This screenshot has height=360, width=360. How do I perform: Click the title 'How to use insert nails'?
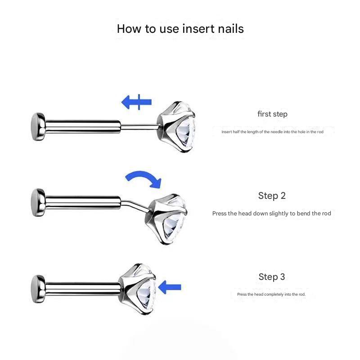(x=180, y=29)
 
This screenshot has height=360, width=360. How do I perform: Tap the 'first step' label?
(x=272, y=114)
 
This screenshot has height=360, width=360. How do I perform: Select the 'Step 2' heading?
(x=272, y=196)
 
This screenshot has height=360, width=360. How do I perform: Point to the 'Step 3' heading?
(x=272, y=277)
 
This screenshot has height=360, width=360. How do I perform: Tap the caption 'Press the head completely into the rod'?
(x=271, y=294)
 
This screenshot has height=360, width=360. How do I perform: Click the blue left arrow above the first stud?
(x=136, y=102)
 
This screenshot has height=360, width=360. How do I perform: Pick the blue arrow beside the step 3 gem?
(x=170, y=287)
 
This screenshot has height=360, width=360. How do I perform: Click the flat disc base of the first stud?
(x=38, y=126)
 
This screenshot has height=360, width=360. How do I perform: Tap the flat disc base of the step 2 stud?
(x=38, y=202)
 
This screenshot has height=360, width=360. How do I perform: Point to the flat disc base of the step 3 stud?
(x=38, y=289)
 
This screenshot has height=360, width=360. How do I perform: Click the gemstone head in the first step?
(x=176, y=127)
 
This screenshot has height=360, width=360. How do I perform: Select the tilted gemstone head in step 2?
(x=166, y=219)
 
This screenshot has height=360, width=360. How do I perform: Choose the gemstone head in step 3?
(x=137, y=289)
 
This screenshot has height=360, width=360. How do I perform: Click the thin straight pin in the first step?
(x=139, y=126)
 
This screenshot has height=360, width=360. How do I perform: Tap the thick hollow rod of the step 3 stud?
(x=83, y=289)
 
